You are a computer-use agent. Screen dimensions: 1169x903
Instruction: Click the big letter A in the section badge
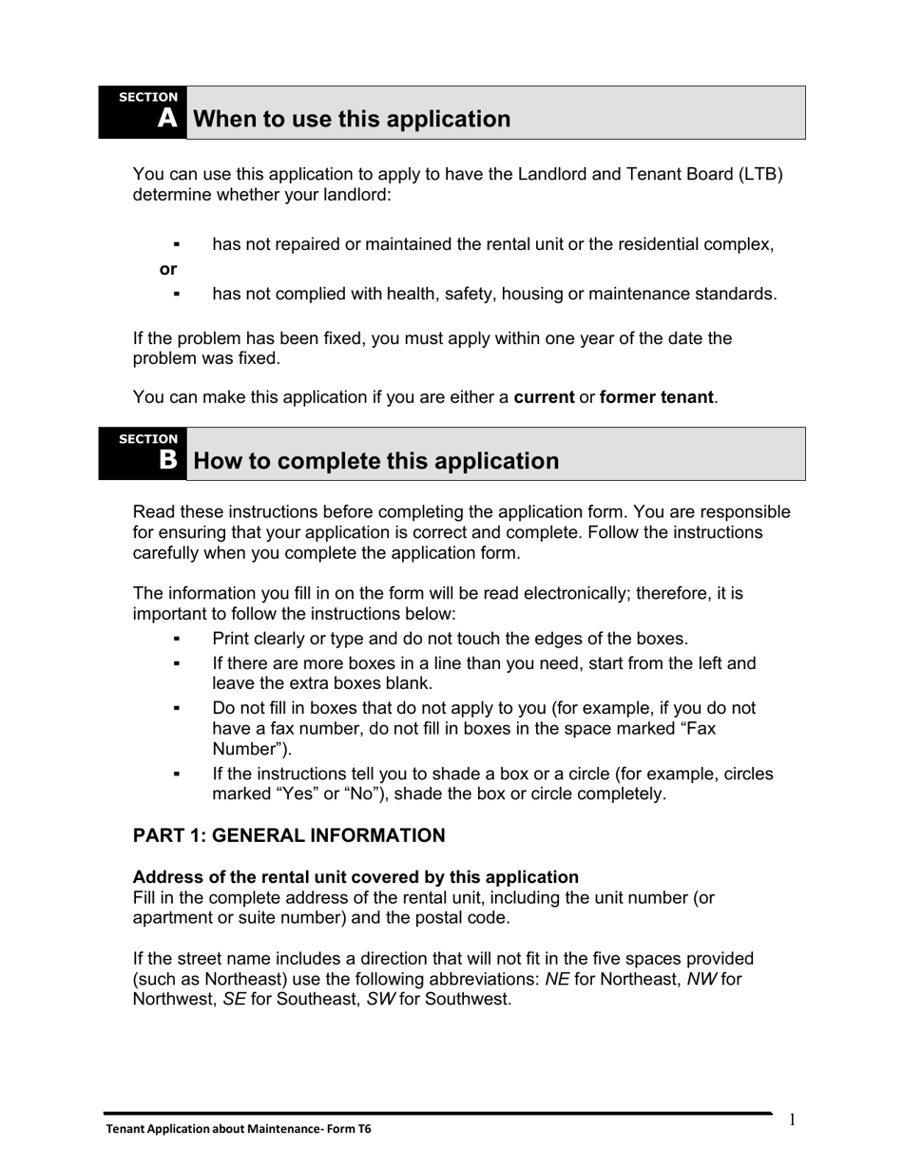[x=167, y=119]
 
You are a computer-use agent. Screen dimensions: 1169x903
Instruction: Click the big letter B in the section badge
[x=168, y=460]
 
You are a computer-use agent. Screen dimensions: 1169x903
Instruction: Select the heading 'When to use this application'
[x=352, y=119]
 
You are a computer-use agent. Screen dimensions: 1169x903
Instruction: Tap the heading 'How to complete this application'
[x=375, y=461]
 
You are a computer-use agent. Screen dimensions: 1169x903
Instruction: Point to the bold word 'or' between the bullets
[x=168, y=269]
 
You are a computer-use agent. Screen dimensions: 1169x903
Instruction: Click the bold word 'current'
[x=544, y=397]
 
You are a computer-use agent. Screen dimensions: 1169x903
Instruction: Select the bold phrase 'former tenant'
[x=656, y=397]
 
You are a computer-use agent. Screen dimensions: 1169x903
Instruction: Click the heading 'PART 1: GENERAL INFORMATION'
[x=289, y=835]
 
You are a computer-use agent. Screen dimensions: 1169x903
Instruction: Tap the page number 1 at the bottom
[x=792, y=1121]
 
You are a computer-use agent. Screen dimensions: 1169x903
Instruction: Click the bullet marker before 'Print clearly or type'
[x=177, y=639]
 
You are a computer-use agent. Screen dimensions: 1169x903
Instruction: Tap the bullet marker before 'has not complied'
[x=177, y=295]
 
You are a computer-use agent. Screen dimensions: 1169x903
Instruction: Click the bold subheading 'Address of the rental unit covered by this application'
[x=355, y=877]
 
